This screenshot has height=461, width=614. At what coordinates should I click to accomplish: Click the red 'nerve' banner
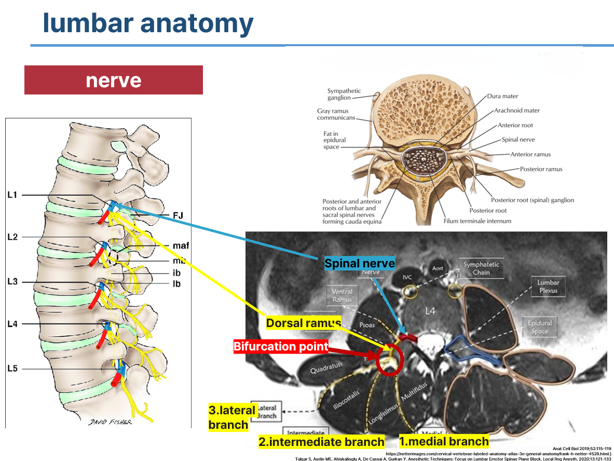click(113, 80)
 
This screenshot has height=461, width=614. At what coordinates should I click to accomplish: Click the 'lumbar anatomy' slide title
click(148, 23)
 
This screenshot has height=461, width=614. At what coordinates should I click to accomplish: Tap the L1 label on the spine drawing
click(12, 195)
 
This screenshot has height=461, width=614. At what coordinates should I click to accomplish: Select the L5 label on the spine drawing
click(12, 369)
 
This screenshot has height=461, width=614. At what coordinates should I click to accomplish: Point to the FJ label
click(179, 214)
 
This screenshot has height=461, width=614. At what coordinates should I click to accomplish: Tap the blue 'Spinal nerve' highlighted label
click(359, 263)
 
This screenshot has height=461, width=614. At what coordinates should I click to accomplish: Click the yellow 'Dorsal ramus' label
click(303, 323)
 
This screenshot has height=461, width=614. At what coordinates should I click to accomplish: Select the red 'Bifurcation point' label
click(281, 346)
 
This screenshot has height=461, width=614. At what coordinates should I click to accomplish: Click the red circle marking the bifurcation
click(387, 362)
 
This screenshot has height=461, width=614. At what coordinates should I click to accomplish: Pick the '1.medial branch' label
click(444, 441)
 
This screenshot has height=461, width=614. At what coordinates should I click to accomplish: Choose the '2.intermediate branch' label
click(322, 442)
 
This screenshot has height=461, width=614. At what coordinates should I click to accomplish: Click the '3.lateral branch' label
click(232, 417)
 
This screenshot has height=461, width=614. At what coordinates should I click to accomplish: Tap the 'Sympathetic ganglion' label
click(344, 94)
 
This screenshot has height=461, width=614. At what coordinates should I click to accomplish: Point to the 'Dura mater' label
click(502, 96)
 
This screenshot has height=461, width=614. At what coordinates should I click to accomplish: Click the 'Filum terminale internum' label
click(477, 221)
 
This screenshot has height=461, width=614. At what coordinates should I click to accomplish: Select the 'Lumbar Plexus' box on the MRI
click(548, 287)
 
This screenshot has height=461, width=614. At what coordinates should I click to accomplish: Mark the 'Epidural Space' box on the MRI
click(540, 327)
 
